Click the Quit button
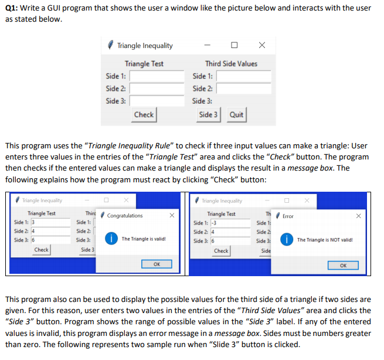[x=236, y=115]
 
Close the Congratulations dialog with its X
[x=171, y=216]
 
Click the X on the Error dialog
[x=358, y=216]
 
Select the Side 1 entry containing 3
[x=49, y=223]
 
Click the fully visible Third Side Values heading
[x=231, y=63]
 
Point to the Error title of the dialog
[x=288, y=216]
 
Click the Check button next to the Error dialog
[x=221, y=250]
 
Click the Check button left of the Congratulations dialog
[x=41, y=250]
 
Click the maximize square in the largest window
[x=234, y=45]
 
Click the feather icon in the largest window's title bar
[x=111, y=45]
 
